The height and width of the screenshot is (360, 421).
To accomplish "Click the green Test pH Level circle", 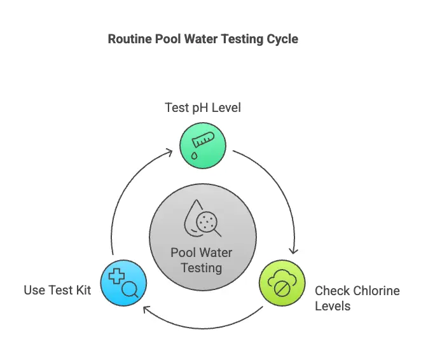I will (204, 146).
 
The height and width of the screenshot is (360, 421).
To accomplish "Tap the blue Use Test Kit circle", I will (123, 283).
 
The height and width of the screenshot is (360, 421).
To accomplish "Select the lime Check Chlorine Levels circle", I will (283, 283).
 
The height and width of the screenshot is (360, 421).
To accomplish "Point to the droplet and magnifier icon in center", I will (203, 220).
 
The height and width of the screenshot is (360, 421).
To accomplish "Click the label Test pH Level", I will (203, 107).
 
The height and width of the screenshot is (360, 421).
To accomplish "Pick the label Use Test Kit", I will (57, 291).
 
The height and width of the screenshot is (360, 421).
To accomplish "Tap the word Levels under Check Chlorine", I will (333, 306).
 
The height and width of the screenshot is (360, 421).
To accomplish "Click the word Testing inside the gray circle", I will (202, 267).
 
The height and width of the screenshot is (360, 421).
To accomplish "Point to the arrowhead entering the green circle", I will (170, 151).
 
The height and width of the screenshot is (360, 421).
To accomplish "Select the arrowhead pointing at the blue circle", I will (145, 310).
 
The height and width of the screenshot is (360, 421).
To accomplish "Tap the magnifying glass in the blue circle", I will (130, 289).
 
